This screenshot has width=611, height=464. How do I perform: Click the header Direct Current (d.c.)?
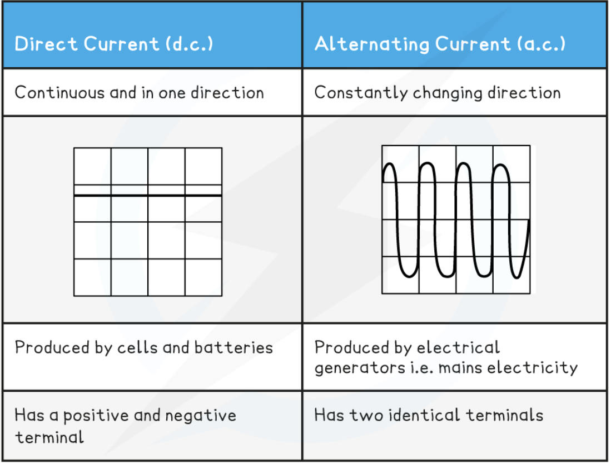point(114,44)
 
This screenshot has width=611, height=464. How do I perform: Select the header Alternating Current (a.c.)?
point(440,44)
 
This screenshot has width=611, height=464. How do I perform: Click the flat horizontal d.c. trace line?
point(148,196)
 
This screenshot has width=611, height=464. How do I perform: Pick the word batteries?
point(234,348)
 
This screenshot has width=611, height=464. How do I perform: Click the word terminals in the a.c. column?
point(504,416)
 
